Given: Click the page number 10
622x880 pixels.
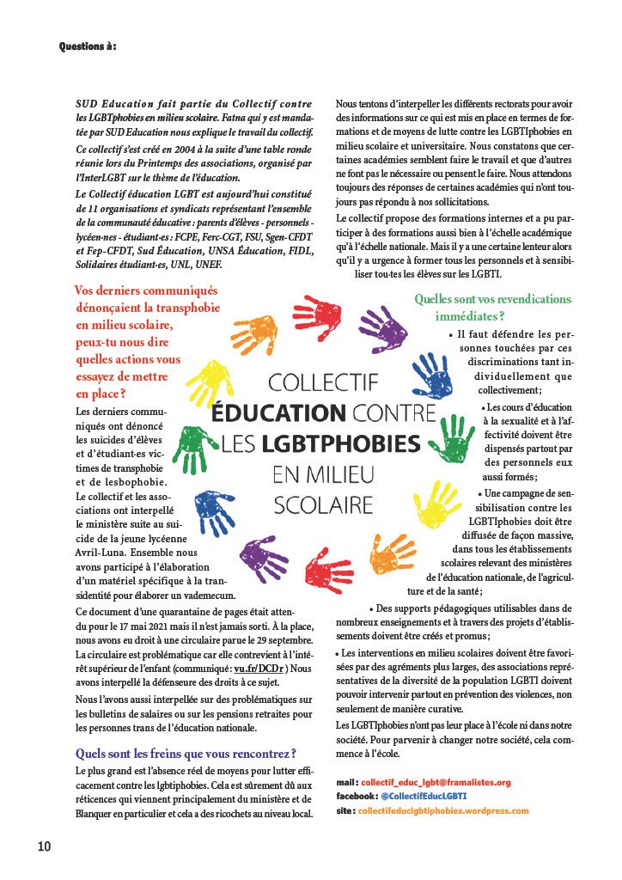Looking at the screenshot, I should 44,846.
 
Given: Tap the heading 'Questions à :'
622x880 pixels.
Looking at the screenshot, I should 88,46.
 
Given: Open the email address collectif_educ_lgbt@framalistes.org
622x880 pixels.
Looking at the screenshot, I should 436,782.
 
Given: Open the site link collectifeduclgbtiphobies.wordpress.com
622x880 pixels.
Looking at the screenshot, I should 443,810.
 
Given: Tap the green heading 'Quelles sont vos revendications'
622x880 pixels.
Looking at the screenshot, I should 492,299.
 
